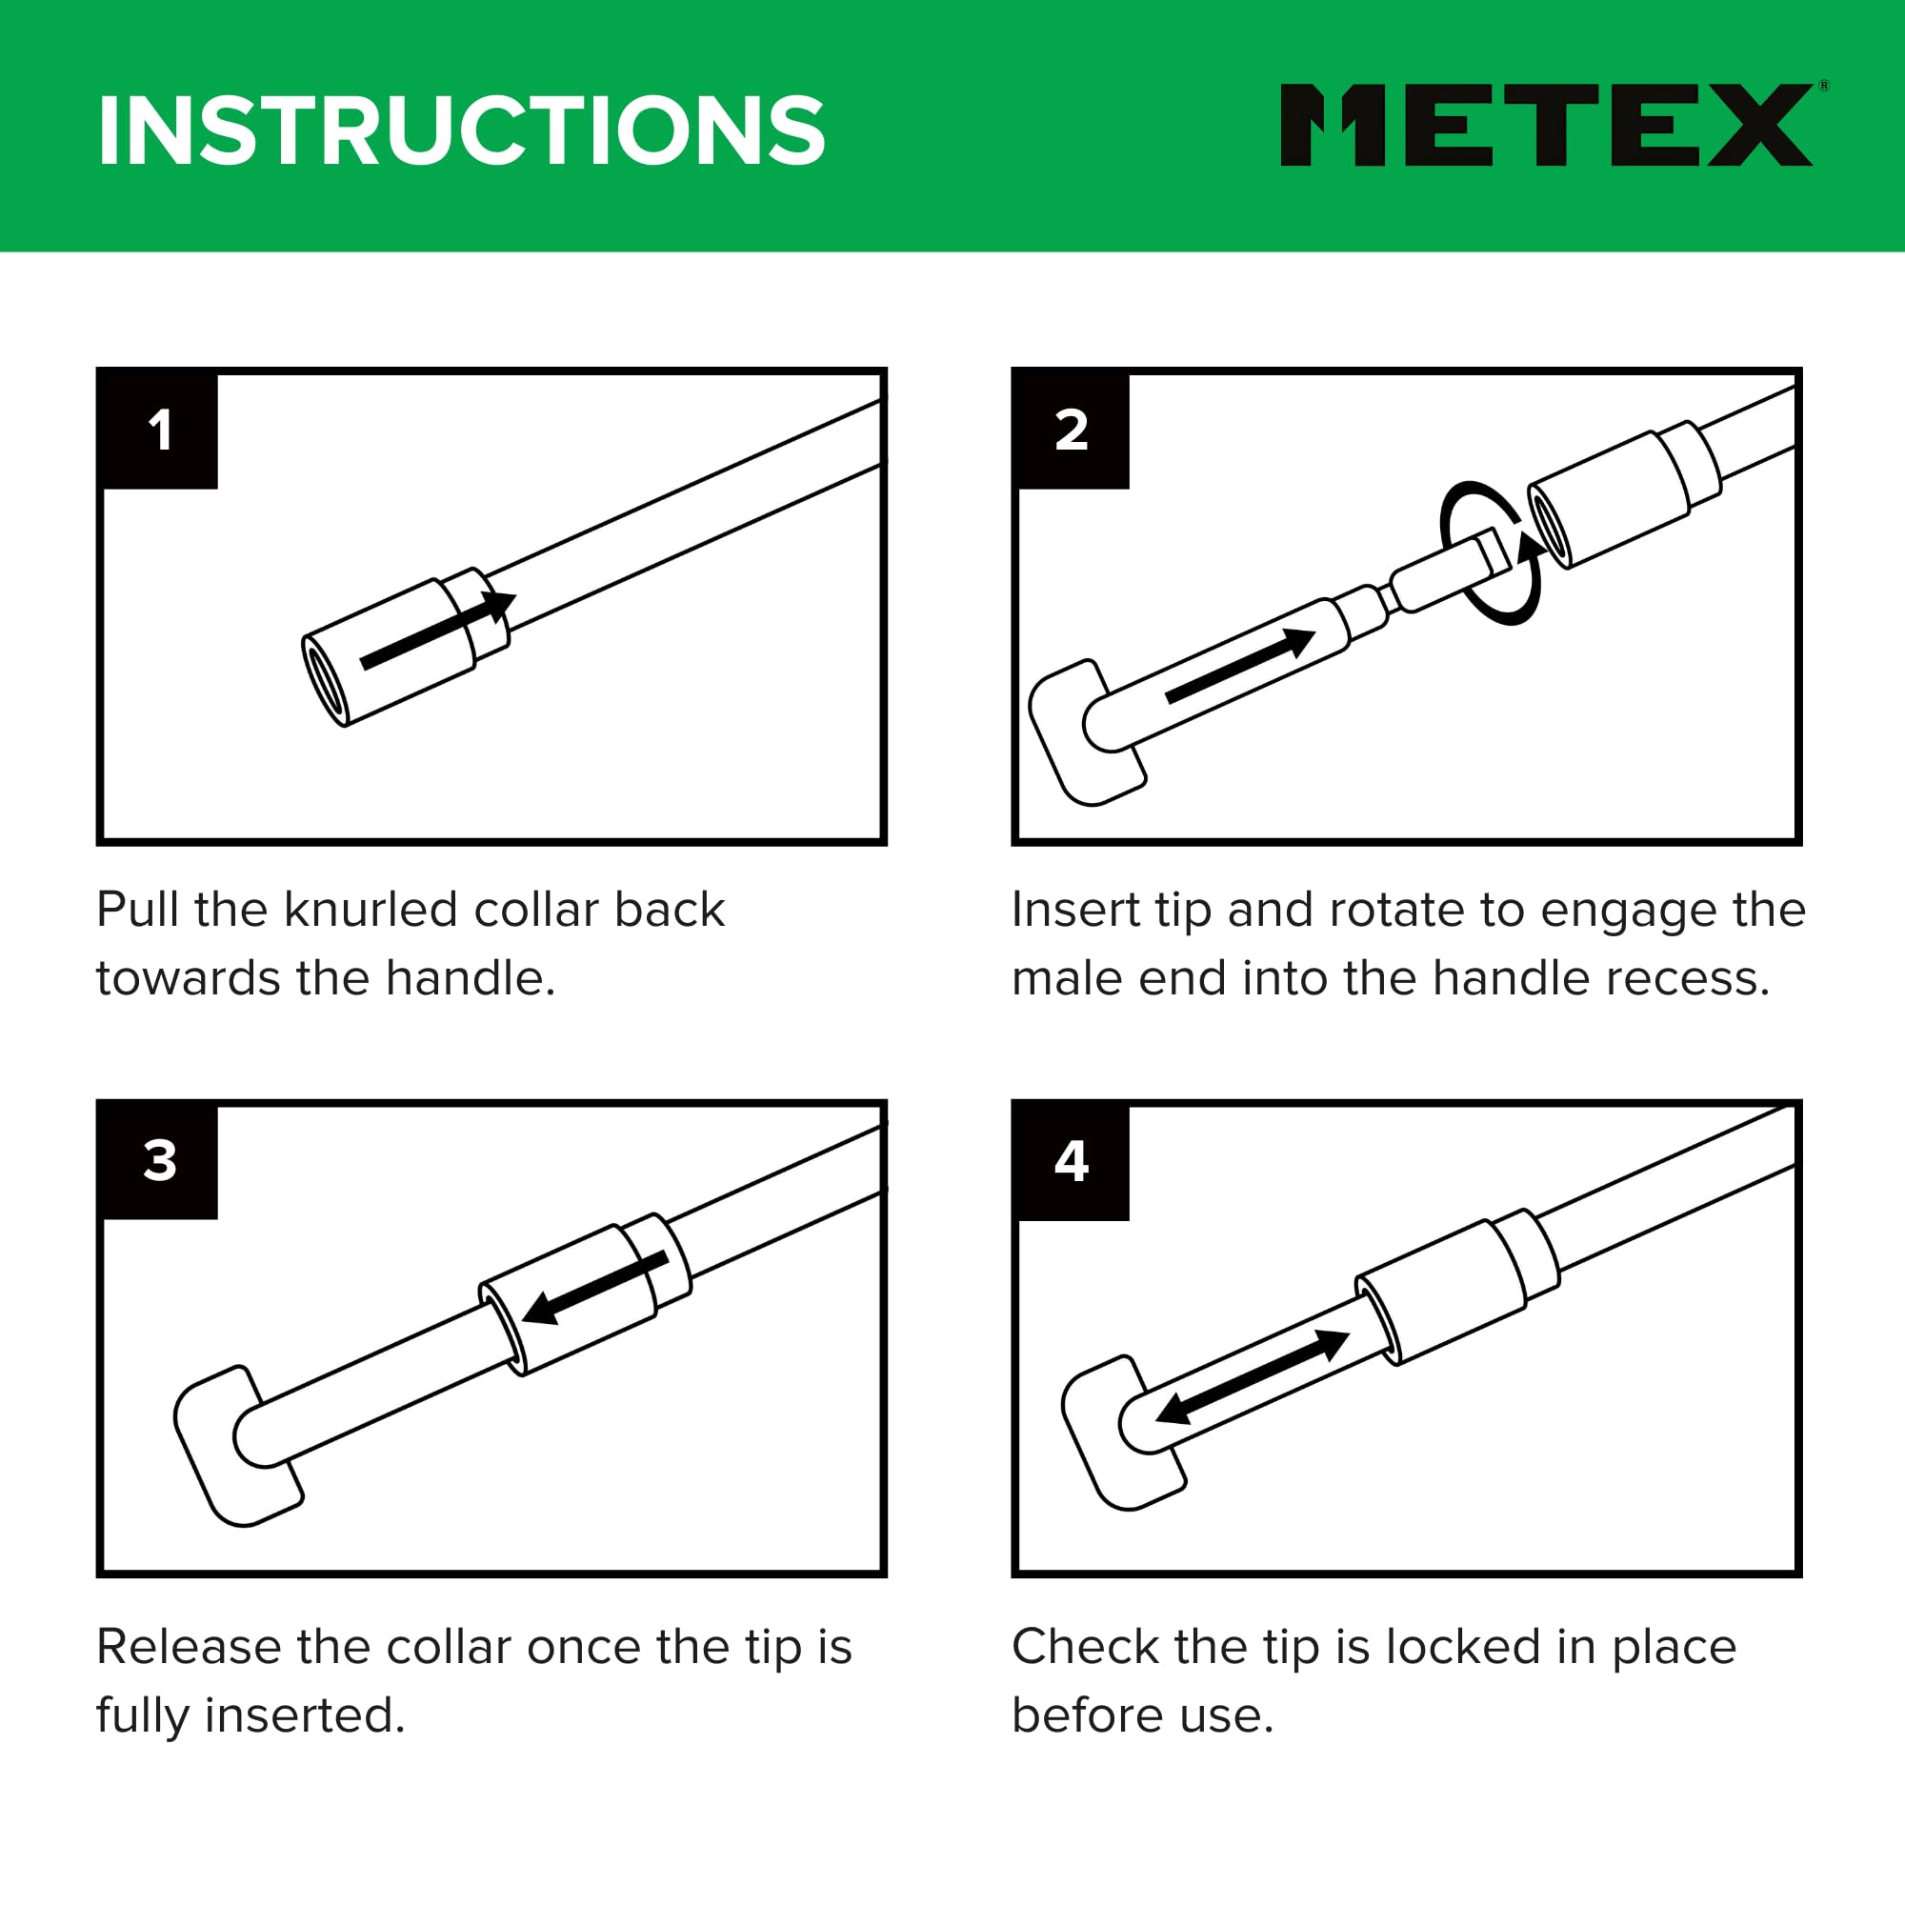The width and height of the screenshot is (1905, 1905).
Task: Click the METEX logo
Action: click(x=1548, y=124)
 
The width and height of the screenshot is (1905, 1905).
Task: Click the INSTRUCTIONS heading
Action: click(x=461, y=130)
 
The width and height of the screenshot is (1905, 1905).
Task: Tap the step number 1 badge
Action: click(x=159, y=430)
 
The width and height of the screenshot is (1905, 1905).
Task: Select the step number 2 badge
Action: click(x=1072, y=430)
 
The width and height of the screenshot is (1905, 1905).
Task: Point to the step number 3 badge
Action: click(x=159, y=1160)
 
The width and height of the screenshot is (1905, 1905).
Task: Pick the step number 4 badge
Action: click(x=1072, y=1160)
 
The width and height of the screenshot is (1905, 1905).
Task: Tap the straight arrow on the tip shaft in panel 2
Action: click(x=1240, y=665)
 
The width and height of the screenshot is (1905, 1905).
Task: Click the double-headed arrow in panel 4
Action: click(x=1253, y=1376)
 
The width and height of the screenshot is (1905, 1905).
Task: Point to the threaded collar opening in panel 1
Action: click(x=325, y=680)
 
